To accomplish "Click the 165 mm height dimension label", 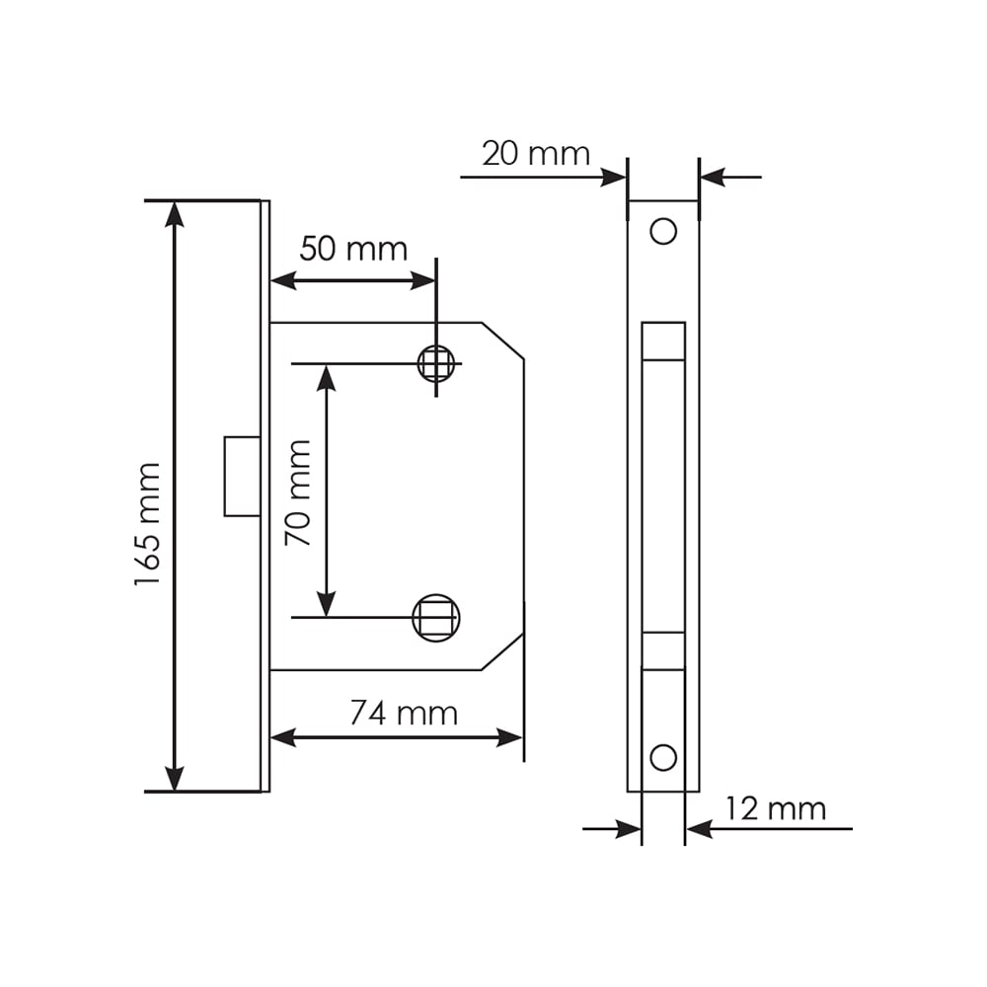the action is coord(148,524).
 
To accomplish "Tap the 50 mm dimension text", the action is coord(353,249).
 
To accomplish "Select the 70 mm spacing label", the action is coord(298,493).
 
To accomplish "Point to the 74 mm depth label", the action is coord(404,714).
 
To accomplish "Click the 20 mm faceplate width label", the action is coord(536,154).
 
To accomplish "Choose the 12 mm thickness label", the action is coord(776,809).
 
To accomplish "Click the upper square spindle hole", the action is coord(436,363).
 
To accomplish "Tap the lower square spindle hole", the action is coord(436,618).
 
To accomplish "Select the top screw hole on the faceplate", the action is coord(663,231).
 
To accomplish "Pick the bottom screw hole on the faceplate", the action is coord(663,757).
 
